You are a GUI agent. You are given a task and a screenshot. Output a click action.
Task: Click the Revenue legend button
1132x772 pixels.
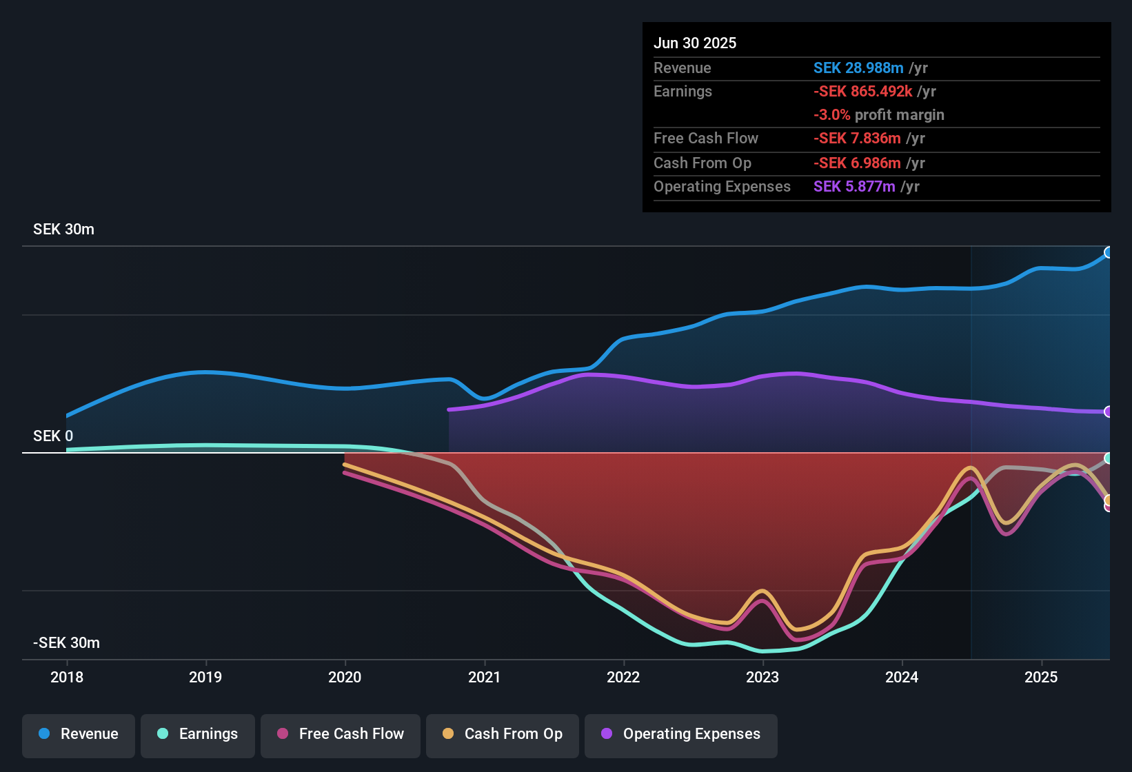tap(79, 734)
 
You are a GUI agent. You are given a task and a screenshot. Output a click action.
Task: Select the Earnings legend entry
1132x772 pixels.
tap(198, 734)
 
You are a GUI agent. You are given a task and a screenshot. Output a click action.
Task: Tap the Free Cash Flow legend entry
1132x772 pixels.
tap(341, 734)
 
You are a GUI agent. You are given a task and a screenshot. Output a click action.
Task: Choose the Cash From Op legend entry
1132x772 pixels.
tap(503, 734)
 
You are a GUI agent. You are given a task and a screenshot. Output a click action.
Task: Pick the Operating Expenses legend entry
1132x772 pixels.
tap(681, 734)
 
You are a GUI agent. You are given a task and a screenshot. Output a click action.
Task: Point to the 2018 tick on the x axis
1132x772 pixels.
tap(67, 677)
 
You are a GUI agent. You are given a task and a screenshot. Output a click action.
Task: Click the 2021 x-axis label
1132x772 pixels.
tap(484, 677)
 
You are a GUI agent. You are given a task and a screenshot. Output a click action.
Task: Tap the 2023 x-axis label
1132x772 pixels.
tap(762, 677)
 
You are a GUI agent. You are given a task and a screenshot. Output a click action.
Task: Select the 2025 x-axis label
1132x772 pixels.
tap(1041, 677)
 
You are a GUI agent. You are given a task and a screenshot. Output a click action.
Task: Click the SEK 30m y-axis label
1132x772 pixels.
tap(63, 230)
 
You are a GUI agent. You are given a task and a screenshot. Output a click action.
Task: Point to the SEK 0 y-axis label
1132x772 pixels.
tap(53, 436)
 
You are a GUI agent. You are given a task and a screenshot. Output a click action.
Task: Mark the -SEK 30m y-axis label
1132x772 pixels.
tap(66, 643)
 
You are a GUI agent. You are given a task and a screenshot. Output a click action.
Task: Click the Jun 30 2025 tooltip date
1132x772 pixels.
tap(695, 43)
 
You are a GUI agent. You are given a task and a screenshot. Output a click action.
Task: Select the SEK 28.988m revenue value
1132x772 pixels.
tap(858, 68)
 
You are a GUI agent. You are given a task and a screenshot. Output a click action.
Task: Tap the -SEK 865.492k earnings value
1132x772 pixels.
tap(863, 92)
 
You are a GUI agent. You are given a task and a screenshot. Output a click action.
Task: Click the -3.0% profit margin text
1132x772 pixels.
tap(879, 115)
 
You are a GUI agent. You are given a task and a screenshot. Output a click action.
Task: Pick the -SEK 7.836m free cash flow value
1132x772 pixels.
tap(857, 139)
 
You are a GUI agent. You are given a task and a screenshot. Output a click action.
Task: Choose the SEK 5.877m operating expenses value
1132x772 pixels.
tap(854, 187)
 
